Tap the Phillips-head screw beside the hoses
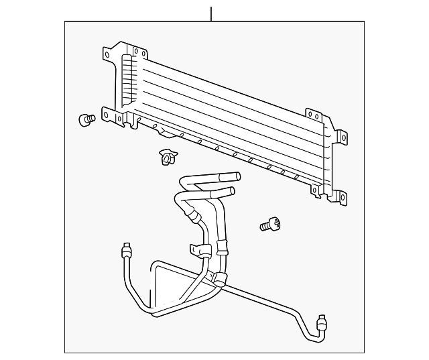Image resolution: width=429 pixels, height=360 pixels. pos(269,225)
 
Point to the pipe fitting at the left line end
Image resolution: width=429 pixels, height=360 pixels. pos(125,250)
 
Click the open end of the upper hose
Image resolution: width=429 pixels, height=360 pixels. pos(236,177)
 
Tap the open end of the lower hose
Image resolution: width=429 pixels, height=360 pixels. pos(230,192)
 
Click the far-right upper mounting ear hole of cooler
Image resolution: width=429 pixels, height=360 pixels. pos(343,137)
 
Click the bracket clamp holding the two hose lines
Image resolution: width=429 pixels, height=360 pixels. pos(202,251)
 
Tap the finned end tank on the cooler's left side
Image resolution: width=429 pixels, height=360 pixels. pos(126,80)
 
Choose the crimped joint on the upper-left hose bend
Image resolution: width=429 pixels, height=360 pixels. pos(194,214)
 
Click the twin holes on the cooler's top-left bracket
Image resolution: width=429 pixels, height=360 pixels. pos(139,52)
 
